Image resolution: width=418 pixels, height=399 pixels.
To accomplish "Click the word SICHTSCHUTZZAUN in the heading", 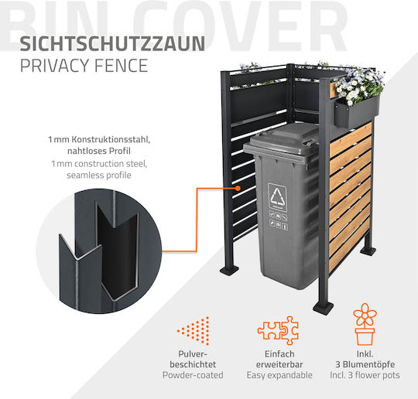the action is [x=112, y=44].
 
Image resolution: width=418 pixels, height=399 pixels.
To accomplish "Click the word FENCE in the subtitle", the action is [x=121, y=66].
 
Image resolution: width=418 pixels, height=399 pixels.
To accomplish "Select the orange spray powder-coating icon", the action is [x=193, y=331].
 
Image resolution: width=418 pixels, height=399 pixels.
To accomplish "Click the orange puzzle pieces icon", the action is [x=278, y=330].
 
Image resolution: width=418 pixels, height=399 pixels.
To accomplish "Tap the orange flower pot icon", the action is [x=365, y=324].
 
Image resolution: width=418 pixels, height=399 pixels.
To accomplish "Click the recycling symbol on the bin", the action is [x=277, y=196].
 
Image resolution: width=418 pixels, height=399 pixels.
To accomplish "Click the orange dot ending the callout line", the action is [x=238, y=188].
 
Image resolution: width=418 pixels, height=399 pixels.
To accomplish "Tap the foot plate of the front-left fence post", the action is [x=230, y=271].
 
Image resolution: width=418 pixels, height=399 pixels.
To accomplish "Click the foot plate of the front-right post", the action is [x=324, y=309].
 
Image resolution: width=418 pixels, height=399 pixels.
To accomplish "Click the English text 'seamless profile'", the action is [x=99, y=176].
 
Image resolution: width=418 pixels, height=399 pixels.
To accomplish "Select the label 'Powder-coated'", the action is [x=193, y=375].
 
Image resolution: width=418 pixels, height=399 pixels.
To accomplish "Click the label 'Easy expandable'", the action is [x=279, y=375].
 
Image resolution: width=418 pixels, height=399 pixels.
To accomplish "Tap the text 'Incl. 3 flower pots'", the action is [x=365, y=375].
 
